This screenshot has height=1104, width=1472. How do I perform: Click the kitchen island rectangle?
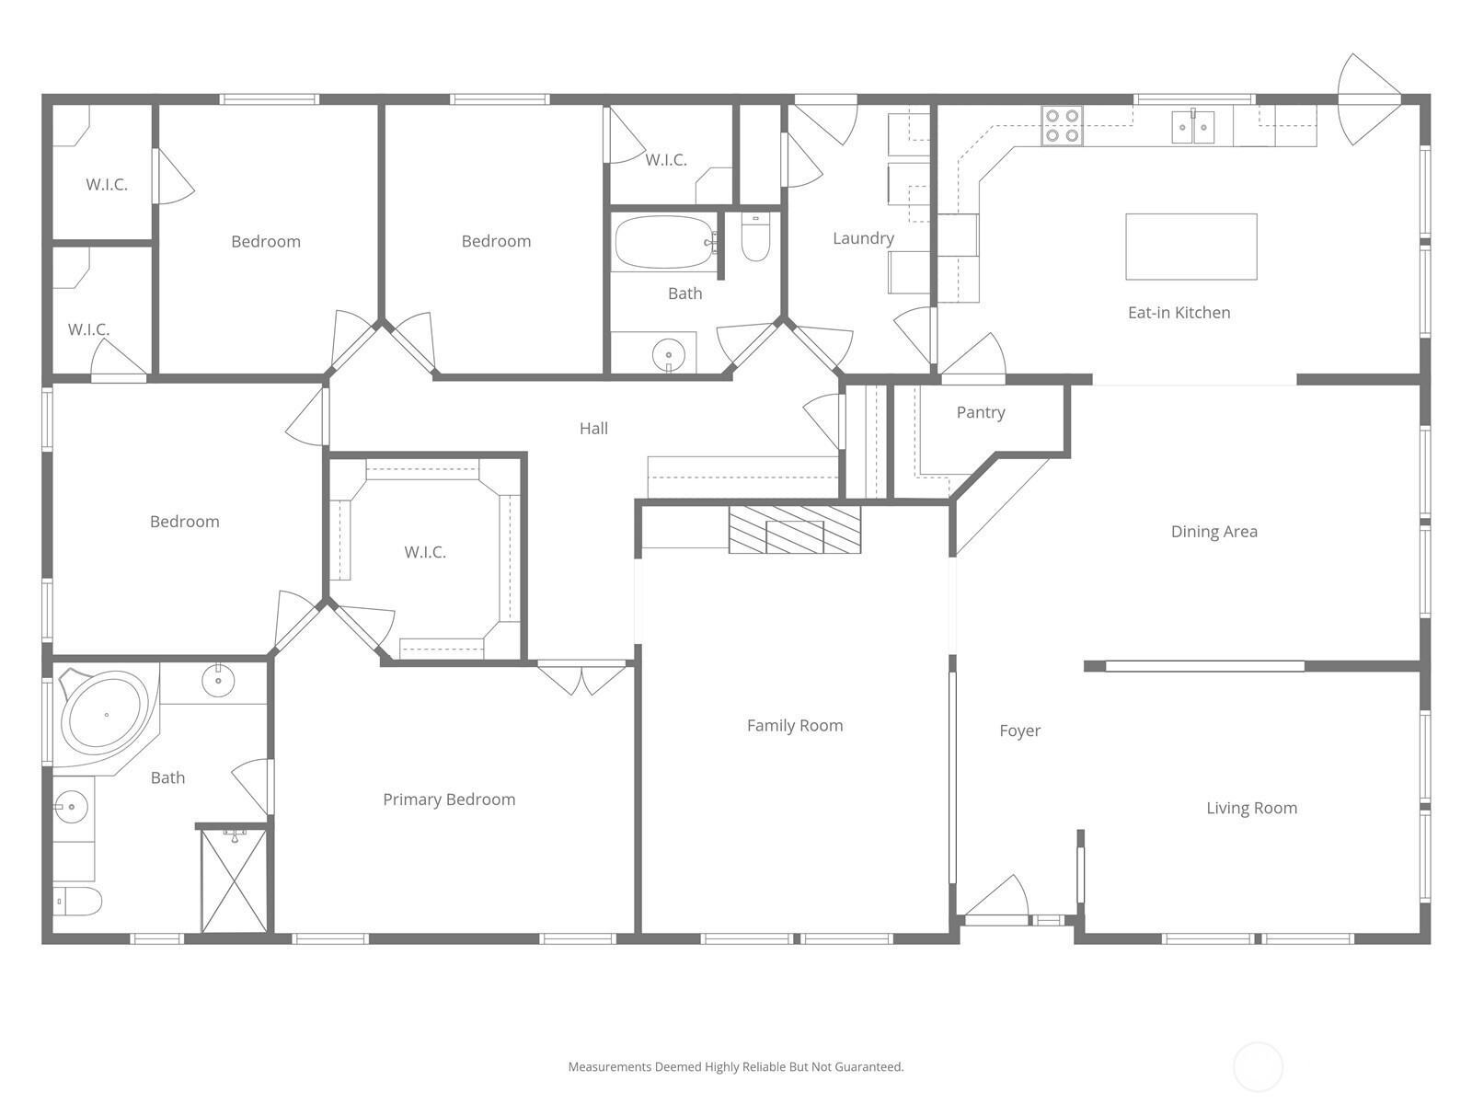coord(1191,247)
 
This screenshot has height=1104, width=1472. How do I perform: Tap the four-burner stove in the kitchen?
coord(1063,125)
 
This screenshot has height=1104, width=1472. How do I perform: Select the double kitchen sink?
coord(1193,127)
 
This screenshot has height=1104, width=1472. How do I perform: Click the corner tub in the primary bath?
coord(106,715)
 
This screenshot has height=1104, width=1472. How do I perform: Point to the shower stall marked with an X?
coord(234,880)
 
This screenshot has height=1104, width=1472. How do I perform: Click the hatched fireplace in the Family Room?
coord(795,530)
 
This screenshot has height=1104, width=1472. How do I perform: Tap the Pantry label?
coord(981,412)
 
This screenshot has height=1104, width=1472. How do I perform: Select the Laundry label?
coord(863,238)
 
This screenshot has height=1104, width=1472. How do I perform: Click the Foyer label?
coord(1020,730)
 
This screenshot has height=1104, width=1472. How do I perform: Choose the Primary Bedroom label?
coord(449,799)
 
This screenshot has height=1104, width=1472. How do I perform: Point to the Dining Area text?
coord(1213,532)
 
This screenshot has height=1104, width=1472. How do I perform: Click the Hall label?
coord(593,429)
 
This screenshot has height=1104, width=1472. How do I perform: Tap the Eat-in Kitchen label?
coord(1179,313)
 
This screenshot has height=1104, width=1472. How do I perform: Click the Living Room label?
coord(1251,809)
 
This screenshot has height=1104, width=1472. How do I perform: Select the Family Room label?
coord(795,725)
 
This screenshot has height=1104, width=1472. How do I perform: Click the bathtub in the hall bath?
coord(664,242)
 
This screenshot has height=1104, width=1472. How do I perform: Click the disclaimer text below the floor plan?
coord(736,1066)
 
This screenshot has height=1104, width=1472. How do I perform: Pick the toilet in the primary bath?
coord(77,901)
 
